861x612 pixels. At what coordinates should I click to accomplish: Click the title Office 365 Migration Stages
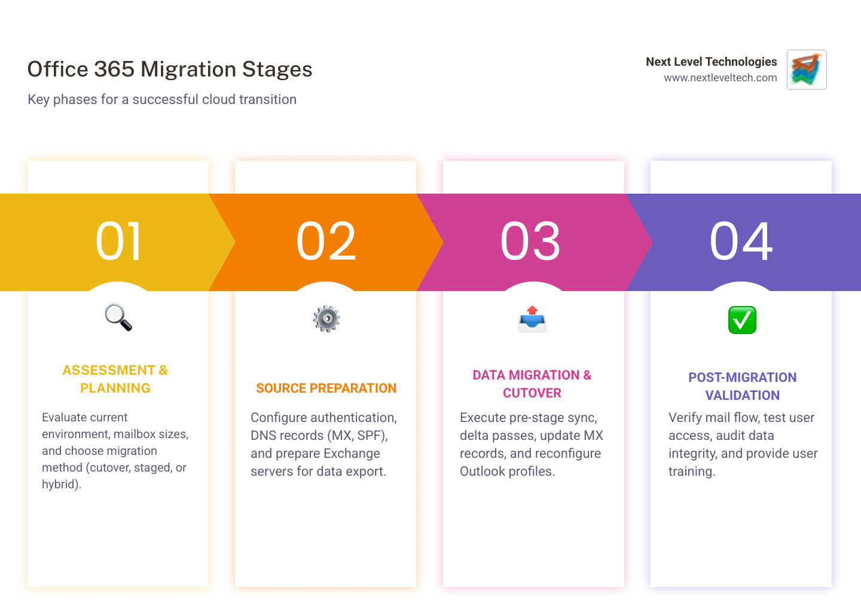coord(170,69)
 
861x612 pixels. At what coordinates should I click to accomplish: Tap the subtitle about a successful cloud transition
coord(162,99)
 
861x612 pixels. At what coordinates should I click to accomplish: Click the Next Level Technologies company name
coord(711,62)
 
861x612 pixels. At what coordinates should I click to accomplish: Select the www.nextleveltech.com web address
coord(720,78)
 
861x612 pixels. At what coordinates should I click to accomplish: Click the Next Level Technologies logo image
coord(807,69)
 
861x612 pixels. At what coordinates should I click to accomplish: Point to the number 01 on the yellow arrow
coord(118,241)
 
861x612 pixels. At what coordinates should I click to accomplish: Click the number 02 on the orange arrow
coord(326,241)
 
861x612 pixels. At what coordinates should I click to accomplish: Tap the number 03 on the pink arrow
coord(530,241)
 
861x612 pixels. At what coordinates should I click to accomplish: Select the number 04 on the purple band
coord(741,241)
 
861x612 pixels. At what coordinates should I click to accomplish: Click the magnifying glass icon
coord(118,317)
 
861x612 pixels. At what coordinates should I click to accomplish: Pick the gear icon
coord(326,319)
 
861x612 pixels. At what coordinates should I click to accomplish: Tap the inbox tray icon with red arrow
coord(532,319)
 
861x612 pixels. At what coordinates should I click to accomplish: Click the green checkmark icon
coord(742,320)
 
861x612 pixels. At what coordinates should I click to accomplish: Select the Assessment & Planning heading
coord(115,379)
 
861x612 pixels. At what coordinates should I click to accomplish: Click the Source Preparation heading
coord(326,388)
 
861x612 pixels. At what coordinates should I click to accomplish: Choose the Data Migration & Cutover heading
coord(532,384)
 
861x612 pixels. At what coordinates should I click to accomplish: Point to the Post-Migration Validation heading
coord(742,386)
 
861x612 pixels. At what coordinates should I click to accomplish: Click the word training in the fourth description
coord(691,472)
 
